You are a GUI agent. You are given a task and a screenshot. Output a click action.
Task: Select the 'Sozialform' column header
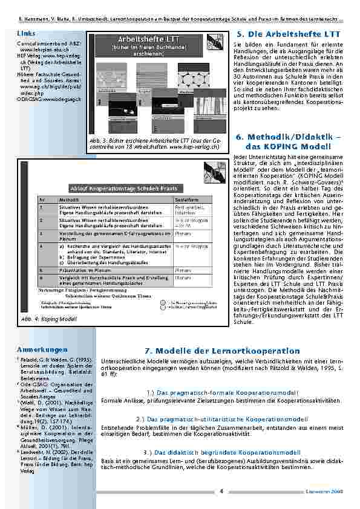pos(185,198)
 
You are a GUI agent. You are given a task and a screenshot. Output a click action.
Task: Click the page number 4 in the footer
pos(222,490)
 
